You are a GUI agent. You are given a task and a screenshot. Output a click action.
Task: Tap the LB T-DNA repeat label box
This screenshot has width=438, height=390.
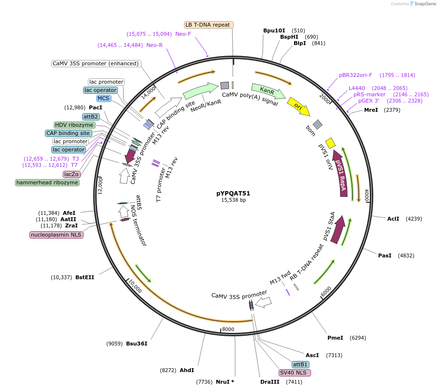pyautogui.click(x=209, y=25)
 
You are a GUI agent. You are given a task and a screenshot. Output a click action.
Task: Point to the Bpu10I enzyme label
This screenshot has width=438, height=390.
pyautogui.click(x=274, y=30)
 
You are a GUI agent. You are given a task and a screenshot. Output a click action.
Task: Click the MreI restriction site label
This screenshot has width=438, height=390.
pyautogui.click(x=371, y=110)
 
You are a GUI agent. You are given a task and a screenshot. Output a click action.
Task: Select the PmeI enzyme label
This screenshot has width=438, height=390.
pyautogui.click(x=335, y=338)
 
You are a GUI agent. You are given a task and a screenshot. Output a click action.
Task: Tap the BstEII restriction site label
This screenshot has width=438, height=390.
pyautogui.click(x=85, y=277)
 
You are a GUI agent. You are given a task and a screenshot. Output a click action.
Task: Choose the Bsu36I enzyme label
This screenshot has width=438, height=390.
pyautogui.click(x=137, y=344)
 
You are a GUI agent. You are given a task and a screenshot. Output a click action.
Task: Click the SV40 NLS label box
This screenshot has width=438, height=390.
pyautogui.click(x=295, y=373)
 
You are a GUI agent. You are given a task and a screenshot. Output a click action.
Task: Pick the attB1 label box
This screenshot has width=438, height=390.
pyautogui.click(x=300, y=364)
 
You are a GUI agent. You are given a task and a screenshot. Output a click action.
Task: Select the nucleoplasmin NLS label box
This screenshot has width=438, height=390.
pyautogui.click(x=57, y=235)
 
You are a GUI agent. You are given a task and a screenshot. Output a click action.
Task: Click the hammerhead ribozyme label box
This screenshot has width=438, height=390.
pyautogui.click(x=47, y=182)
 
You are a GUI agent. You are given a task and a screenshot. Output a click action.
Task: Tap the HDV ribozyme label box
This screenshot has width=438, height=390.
pyautogui.click(x=74, y=125)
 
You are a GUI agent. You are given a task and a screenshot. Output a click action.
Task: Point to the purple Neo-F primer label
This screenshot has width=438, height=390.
pyautogui.click(x=183, y=34)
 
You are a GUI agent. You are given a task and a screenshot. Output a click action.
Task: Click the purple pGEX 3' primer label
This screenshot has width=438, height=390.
pyautogui.click(x=369, y=101)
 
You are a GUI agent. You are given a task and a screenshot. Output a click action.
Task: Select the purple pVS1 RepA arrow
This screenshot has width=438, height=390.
pyautogui.click(x=340, y=174)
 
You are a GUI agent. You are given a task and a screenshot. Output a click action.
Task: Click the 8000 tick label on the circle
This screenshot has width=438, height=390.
pyautogui.click(x=228, y=330)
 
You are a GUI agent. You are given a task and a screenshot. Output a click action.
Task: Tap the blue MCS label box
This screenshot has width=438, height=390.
pyautogui.click(x=103, y=99)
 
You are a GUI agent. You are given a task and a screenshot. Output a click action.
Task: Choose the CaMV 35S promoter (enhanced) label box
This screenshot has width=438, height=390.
pyautogui.click(x=96, y=63)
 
